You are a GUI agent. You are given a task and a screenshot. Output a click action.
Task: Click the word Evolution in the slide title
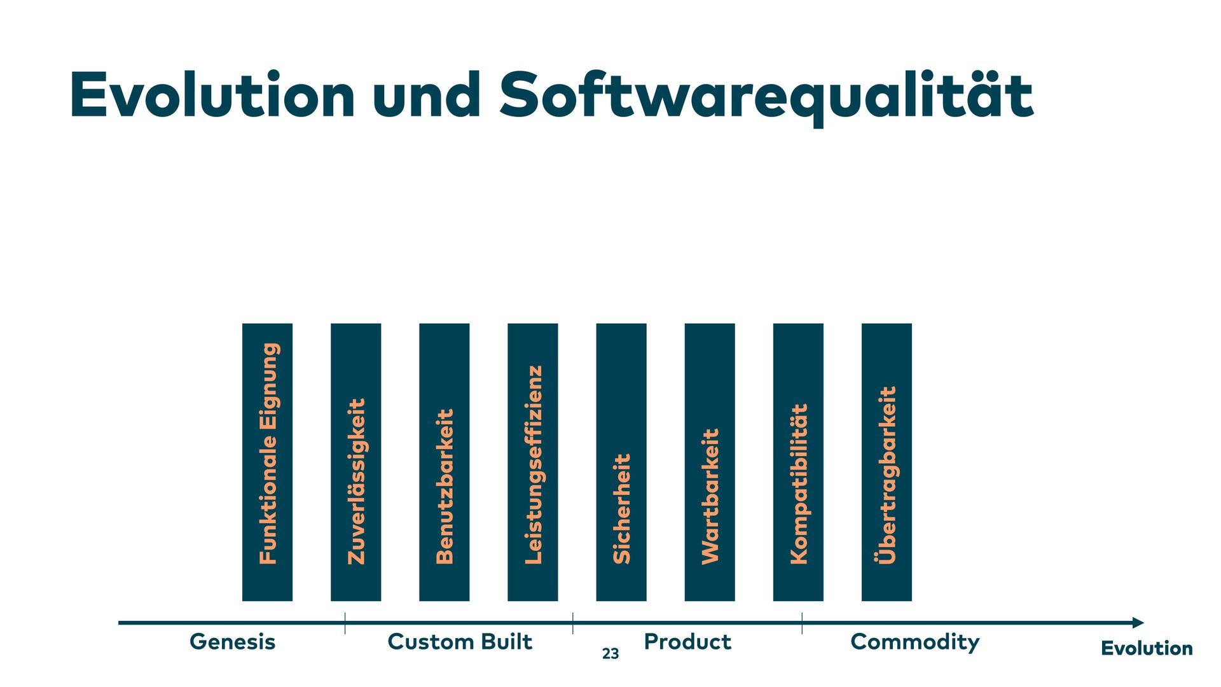coord(212,95)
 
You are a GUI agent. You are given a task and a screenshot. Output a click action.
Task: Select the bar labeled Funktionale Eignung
coord(268,462)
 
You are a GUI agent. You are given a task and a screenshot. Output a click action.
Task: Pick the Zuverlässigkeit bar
coord(356,462)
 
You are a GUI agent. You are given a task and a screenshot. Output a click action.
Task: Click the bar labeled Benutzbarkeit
coord(445,462)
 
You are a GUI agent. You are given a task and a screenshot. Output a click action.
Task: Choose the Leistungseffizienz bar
coord(533,462)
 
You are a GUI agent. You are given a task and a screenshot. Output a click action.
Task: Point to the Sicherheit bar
coord(621,462)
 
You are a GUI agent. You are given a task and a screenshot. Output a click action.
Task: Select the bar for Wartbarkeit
coord(710,462)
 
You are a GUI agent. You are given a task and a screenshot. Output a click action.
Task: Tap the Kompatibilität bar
coord(798,462)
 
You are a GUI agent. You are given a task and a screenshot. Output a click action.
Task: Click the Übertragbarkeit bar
coord(886,462)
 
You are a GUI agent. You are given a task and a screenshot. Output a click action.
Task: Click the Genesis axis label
coord(233,642)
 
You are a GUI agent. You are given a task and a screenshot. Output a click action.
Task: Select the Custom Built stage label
coord(460,642)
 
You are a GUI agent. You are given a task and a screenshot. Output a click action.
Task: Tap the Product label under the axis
coord(687,642)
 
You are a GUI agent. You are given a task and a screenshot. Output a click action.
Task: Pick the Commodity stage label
coord(914,642)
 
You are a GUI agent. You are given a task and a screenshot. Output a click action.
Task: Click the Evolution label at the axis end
coord(1147,649)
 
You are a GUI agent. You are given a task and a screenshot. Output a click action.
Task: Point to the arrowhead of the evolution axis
coord(1138,623)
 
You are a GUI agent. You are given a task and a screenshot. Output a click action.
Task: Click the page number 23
coord(610,654)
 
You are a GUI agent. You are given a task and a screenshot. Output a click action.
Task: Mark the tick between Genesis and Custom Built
coord(345,623)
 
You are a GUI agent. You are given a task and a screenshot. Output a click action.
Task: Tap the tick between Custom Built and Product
coord(573,623)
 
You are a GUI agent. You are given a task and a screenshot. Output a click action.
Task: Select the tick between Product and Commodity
coord(802,623)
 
